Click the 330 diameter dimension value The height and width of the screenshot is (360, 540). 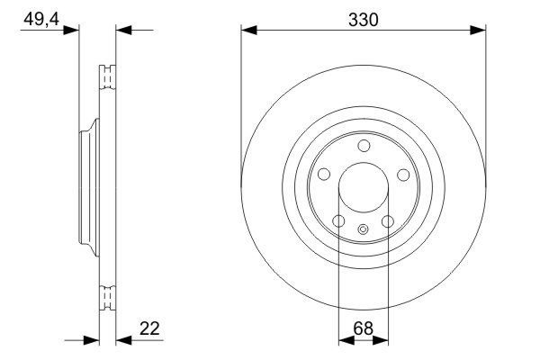tap(363, 20)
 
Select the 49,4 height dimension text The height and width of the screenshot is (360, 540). tap(41, 19)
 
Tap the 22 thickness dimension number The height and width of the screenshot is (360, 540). tap(149, 328)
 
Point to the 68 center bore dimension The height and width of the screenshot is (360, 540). tap(363, 328)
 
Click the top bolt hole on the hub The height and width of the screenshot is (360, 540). tap(364, 146)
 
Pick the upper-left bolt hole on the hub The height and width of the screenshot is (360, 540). tap(324, 175)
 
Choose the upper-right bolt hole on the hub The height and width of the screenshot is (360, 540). tap(403, 175)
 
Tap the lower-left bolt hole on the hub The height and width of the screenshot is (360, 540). tap(339, 220)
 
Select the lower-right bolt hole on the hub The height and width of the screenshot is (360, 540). tap(388, 221)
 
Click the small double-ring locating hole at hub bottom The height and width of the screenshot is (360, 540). tap(363, 229)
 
